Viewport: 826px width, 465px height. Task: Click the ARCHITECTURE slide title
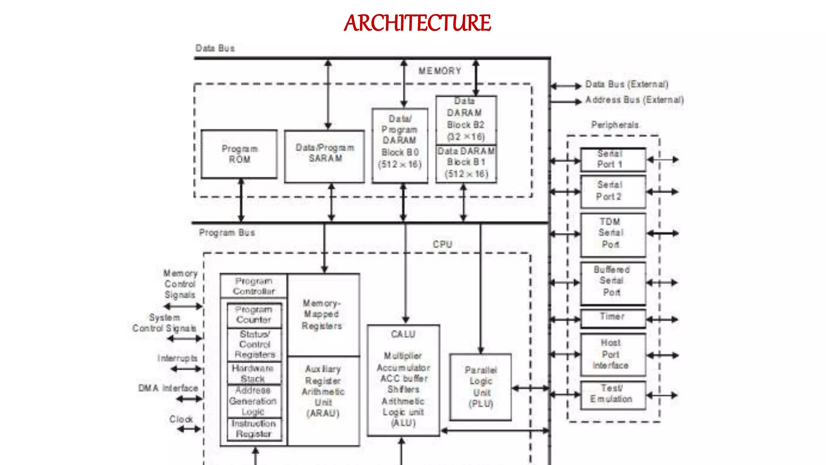[417, 23]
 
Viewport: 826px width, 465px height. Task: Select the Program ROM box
[239, 154]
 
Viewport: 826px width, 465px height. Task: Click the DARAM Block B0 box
[400, 145]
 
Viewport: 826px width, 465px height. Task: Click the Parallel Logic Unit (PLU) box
[480, 387]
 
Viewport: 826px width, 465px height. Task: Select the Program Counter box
[254, 315]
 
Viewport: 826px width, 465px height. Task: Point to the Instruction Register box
[254, 429]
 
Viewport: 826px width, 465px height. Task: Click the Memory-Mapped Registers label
[322, 314]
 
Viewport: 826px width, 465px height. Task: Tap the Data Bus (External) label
[627, 84]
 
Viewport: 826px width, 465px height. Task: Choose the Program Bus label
[227, 233]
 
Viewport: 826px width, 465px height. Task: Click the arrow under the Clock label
[189, 429]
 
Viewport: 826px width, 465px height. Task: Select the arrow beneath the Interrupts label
[186, 369]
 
